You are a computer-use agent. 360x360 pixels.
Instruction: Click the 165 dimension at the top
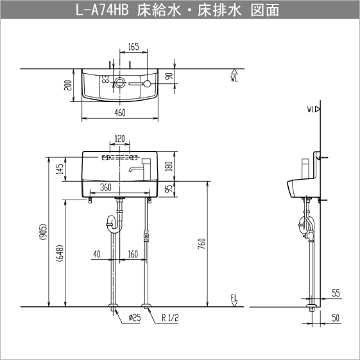point(133,46)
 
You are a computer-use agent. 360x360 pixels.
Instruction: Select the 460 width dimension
point(120,112)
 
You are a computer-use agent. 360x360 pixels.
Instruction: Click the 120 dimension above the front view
point(119,138)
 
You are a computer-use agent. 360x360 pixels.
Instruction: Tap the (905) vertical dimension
point(42,232)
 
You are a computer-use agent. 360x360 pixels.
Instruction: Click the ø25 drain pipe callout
point(134,317)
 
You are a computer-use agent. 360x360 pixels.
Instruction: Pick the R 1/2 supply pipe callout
point(170,317)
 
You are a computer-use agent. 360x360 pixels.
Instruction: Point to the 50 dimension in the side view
point(336,318)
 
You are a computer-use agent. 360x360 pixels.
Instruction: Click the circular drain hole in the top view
point(120,83)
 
